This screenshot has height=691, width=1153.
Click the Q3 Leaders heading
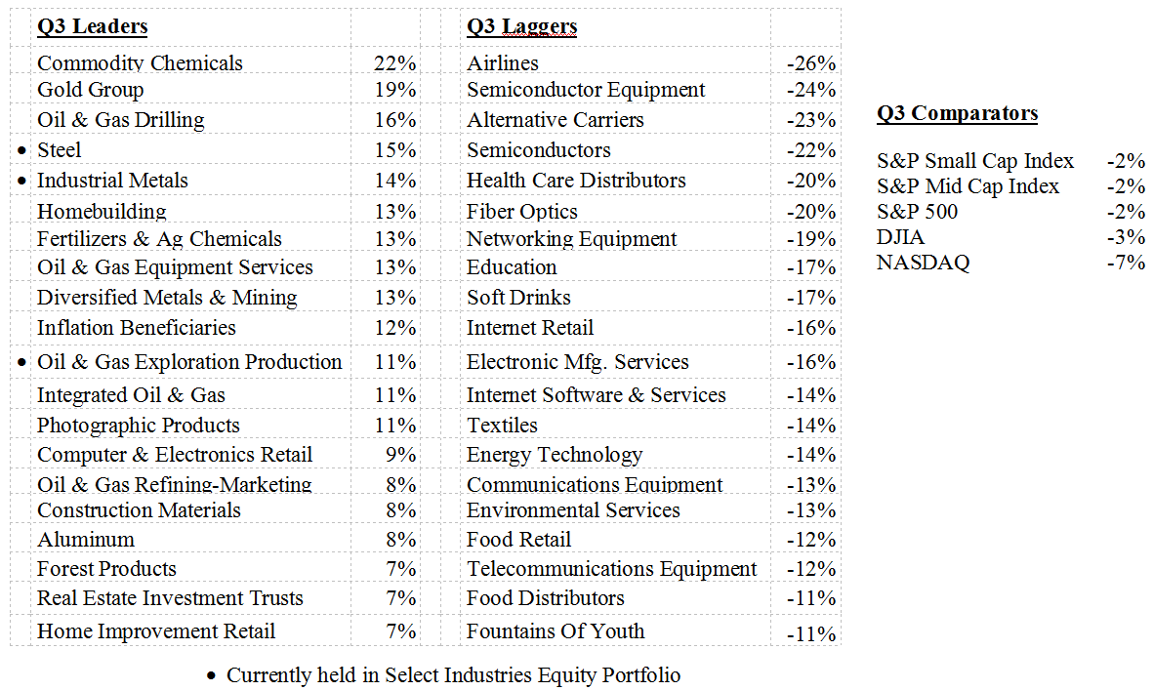(x=92, y=26)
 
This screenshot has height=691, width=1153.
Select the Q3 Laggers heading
(x=521, y=26)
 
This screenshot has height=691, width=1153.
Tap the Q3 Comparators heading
(x=957, y=113)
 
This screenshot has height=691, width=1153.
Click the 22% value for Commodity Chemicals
(x=394, y=63)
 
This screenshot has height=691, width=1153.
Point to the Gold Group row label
(x=90, y=90)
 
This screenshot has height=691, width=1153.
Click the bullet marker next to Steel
(x=22, y=151)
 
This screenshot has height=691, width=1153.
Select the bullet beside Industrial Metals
(x=22, y=182)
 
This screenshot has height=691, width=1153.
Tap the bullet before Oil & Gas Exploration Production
(x=22, y=363)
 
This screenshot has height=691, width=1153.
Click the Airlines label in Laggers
(x=502, y=63)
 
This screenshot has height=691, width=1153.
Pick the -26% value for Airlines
(x=811, y=63)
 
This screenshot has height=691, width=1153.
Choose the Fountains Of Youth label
(x=556, y=631)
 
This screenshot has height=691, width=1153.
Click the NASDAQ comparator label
(x=923, y=263)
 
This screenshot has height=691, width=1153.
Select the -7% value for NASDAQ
(x=1126, y=263)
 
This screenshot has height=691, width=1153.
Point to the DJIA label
(x=900, y=237)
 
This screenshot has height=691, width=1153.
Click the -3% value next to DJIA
(x=1126, y=237)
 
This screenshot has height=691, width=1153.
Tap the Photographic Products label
(x=138, y=426)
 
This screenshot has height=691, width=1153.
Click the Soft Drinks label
(x=518, y=298)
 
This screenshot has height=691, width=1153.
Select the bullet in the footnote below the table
(x=212, y=676)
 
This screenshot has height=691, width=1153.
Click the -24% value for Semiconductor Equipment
(x=811, y=90)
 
